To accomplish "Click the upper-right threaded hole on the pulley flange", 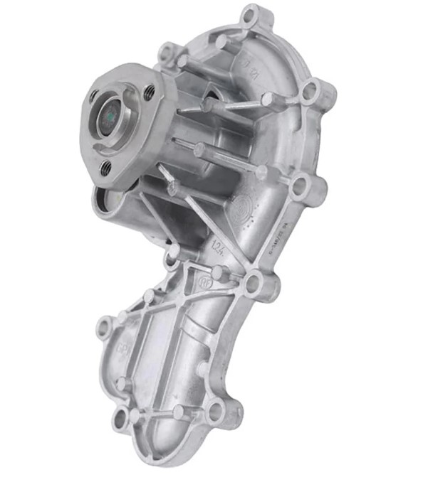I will click(x=150, y=92).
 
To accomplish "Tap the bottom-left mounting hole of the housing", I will click(x=120, y=419).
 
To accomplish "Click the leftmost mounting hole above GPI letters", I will click(x=105, y=328).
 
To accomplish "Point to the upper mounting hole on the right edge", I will click(x=310, y=91).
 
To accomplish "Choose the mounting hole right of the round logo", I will click(x=298, y=186).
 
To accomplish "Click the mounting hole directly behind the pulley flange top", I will click(x=168, y=53).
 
